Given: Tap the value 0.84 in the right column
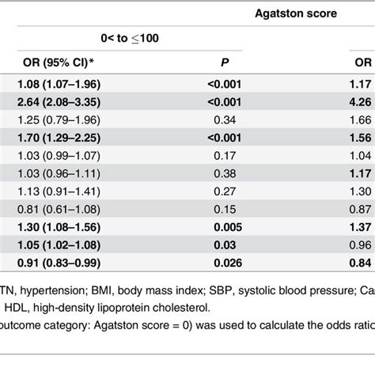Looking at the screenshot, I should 360,261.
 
